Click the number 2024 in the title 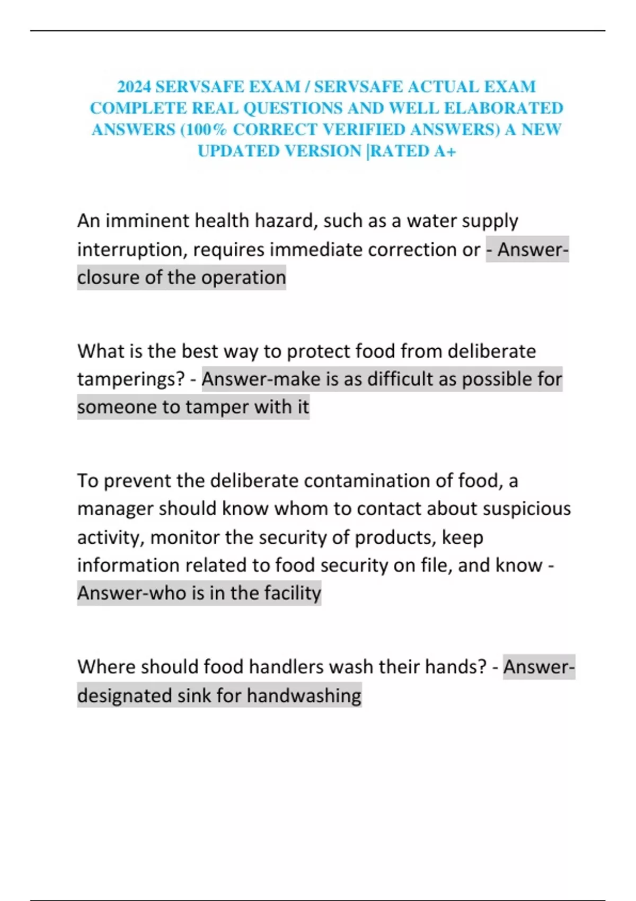[x=134, y=86]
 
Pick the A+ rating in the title [x=445, y=152]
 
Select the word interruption [x=132, y=249]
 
